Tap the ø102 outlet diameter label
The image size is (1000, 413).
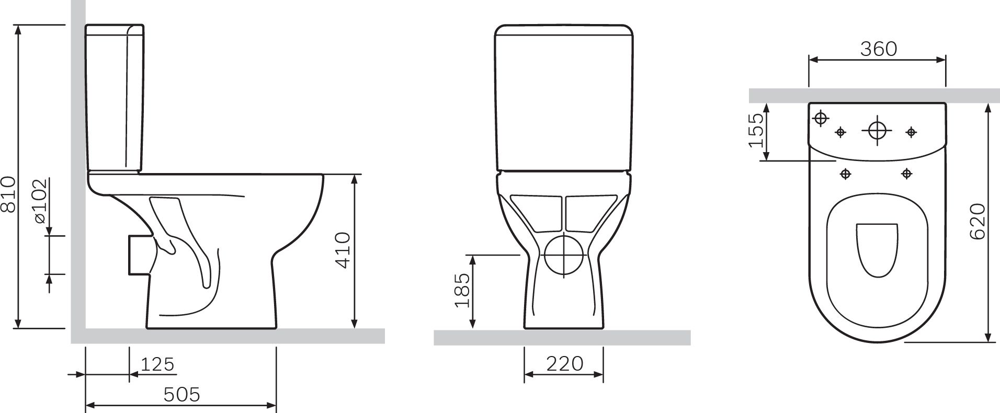coord(40,201)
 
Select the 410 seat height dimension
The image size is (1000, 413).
coord(342,250)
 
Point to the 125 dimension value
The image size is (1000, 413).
coord(157,364)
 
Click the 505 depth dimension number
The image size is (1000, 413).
coord(181,395)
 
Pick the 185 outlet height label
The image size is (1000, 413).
coord(462,291)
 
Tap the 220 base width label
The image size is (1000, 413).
coord(564,363)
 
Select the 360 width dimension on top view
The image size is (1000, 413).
coord(879,49)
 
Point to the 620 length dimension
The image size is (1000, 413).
coord(977,221)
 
